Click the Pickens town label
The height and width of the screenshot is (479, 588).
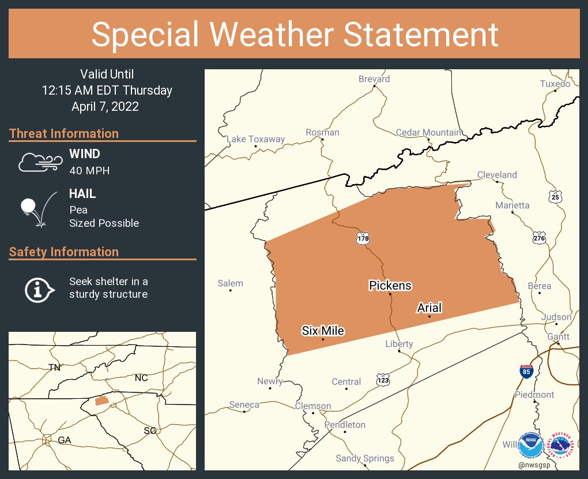tap(390, 285)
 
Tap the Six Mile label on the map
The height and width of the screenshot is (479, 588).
tap(323, 331)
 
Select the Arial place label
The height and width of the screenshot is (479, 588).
tap(429, 308)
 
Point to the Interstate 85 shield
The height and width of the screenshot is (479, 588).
tap(526, 371)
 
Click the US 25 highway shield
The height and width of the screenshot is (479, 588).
tap(555, 196)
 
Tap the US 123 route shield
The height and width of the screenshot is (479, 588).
tap(383, 380)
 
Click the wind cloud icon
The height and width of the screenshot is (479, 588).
tap(39, 162)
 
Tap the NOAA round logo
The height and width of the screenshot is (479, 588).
tap(531, 446)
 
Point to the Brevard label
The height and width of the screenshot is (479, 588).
tap(374, 79)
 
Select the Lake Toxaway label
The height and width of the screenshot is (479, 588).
tap(255, 139)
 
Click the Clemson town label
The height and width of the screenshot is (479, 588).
tap(313, 406)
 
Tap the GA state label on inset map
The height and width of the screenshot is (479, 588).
tap(64, 440)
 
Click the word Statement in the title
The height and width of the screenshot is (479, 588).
tap(421, 34)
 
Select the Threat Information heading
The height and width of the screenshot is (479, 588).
tap(64, 133)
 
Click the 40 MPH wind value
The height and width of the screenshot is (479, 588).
tap(89, 170)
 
